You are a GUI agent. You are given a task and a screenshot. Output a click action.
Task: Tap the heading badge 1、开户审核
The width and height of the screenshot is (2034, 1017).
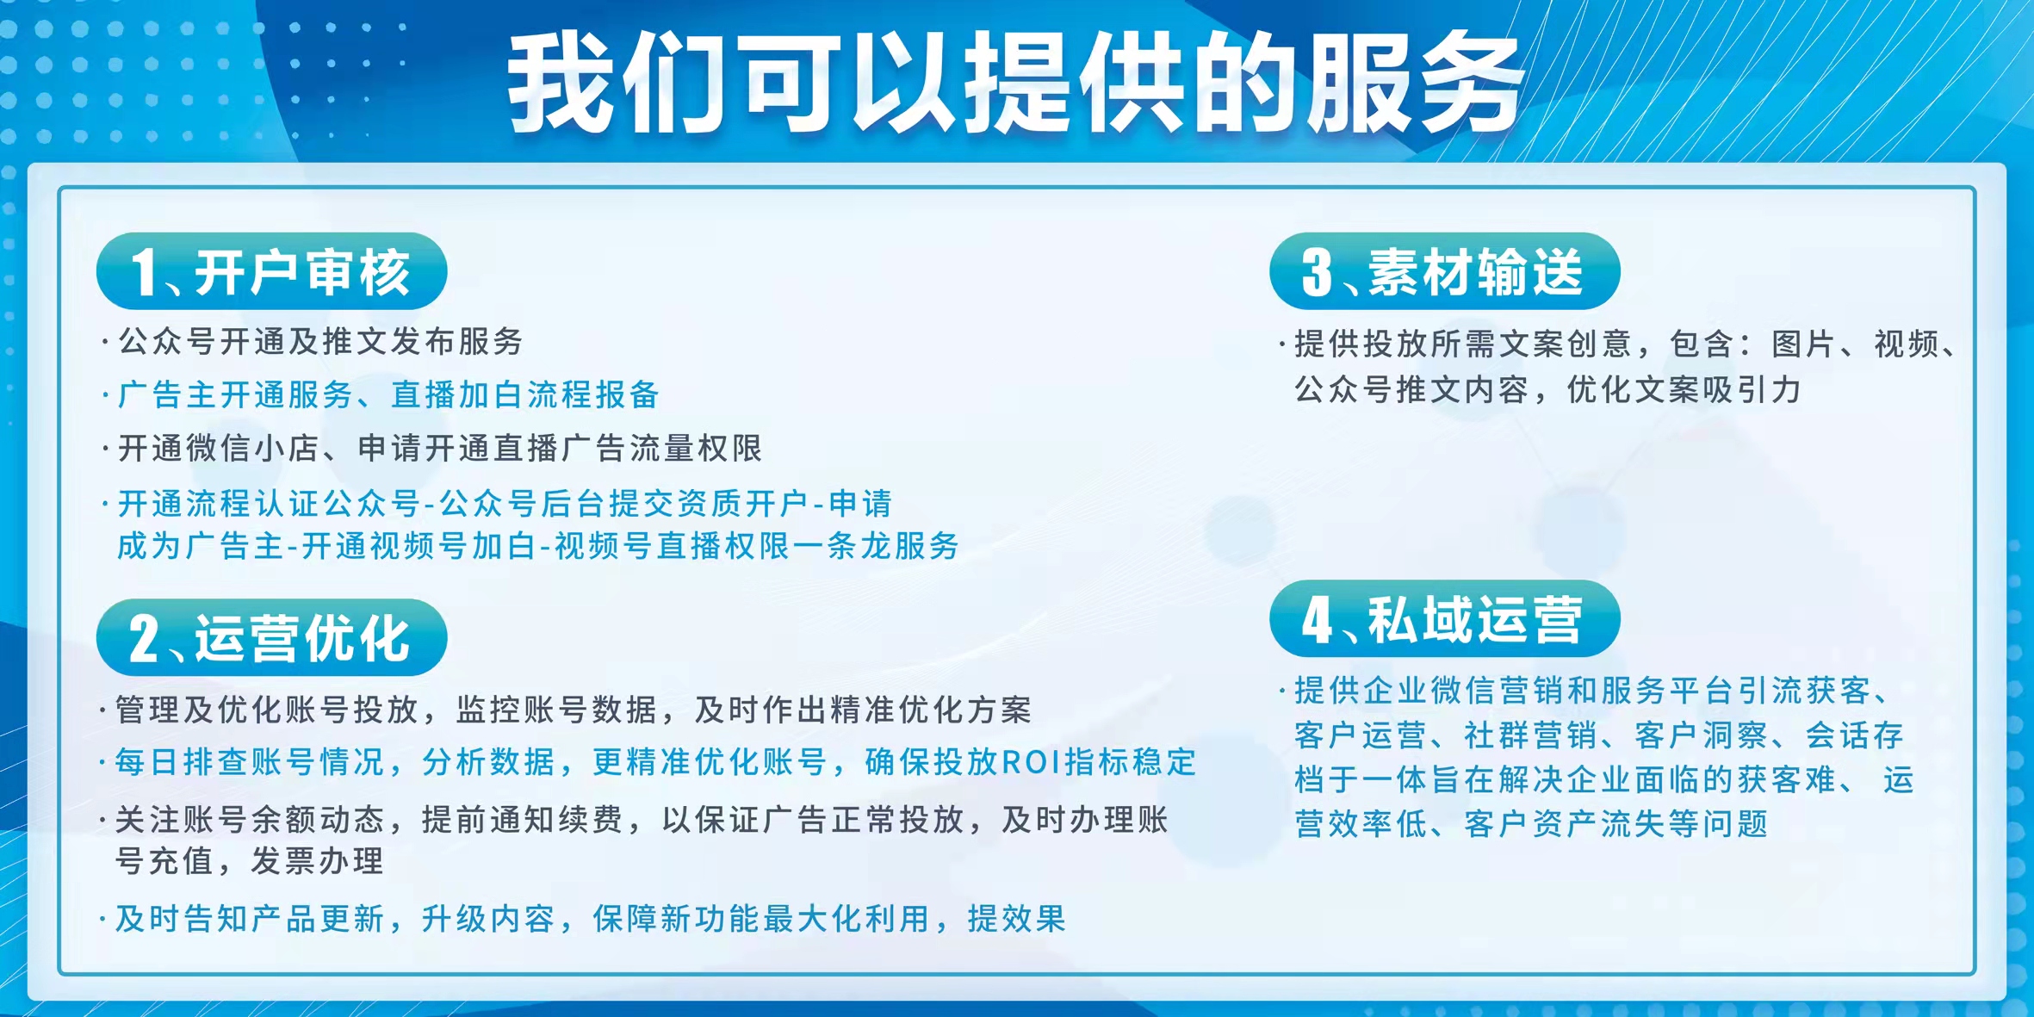(271, 271)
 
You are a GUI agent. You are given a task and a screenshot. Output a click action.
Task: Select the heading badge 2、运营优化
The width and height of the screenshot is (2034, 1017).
(271, 637)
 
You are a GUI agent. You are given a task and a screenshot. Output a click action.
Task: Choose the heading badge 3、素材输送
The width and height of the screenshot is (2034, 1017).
(1444, 271)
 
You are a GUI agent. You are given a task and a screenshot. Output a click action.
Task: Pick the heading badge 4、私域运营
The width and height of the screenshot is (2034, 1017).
(1444, 618)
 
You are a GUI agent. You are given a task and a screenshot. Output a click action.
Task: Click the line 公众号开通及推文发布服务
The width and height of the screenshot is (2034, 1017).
(320, 342)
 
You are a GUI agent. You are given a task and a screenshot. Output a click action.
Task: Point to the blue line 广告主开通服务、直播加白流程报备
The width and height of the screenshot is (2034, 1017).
(388, 395)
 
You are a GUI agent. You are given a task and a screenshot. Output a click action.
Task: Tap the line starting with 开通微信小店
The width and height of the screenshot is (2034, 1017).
(440, 449)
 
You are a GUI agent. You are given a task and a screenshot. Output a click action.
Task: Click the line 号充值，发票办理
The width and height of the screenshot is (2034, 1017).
(250, 861)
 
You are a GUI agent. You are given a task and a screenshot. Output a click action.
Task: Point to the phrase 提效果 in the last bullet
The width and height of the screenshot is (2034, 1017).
(1017, 919)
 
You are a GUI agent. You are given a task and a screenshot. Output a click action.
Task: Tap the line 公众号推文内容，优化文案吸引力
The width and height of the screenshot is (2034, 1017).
(1547, 390)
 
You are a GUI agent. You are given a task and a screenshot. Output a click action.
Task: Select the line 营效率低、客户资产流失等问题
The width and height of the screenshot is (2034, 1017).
(1531, 824)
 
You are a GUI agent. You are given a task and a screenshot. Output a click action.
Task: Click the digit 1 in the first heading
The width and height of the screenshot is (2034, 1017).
(143, 273)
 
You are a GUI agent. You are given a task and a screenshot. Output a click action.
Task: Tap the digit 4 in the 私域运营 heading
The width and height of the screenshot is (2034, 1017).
(1317, 619)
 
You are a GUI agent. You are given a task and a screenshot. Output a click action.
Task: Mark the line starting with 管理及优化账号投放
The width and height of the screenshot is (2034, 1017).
(574, 710)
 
